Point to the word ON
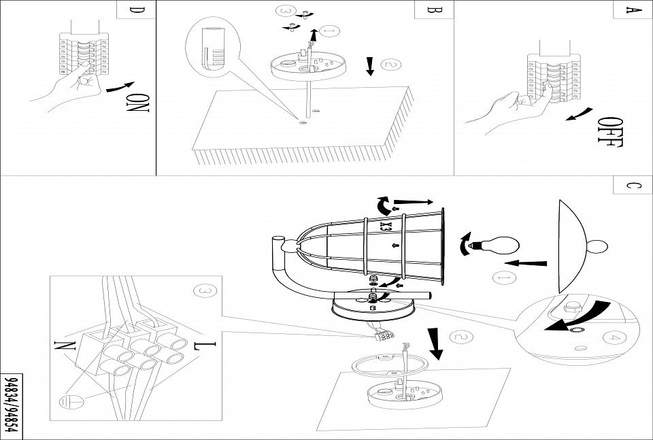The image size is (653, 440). point(138,102)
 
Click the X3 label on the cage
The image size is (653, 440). point(385,224)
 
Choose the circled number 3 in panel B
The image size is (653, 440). point(287,12)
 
